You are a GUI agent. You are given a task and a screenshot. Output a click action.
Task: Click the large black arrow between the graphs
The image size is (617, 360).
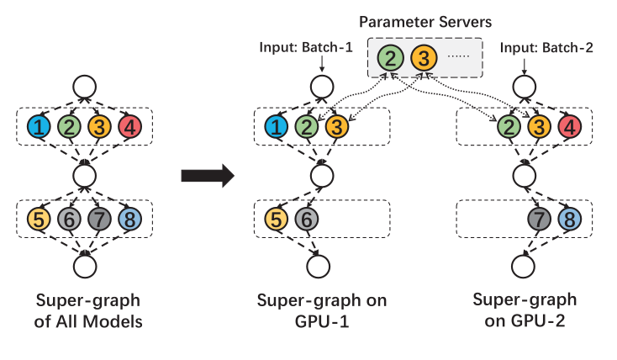pyautogui.click(x=207, y=177)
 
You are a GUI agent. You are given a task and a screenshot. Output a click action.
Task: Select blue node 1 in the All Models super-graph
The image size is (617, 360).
pyautogui.click(x=39, y=128)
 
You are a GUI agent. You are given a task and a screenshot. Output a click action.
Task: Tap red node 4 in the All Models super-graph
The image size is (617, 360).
pyautogui.click(x=129, y=128)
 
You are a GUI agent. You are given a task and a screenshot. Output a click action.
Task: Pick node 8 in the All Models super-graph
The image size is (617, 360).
pyautogui.click(x=129, y=220)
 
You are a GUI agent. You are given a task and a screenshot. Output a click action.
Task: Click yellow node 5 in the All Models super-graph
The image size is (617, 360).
pyautogui.click(x=39, y=220)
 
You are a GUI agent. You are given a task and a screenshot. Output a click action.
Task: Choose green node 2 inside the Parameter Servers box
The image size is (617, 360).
pyautogui.click(x=389, y=59)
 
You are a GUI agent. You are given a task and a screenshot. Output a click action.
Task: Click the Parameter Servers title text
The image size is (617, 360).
pyautogui.click(x=425, y=21)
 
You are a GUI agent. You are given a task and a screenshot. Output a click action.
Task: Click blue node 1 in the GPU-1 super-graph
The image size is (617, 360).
pyautogui.click(x=275, y=128)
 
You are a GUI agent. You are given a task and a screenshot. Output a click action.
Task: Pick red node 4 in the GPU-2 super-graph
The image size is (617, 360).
pyautogui.click(x=568, y=128)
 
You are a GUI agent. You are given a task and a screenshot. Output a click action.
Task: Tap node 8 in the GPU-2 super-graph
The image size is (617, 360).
pyautogui.click(x=568, y=220)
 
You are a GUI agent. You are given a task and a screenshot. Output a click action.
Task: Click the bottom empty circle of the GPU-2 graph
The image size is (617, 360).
pyautogui.click(x=523, y=266)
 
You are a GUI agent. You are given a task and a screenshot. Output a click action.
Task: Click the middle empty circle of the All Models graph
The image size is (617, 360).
pyautogui.click(x=84, y=174)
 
